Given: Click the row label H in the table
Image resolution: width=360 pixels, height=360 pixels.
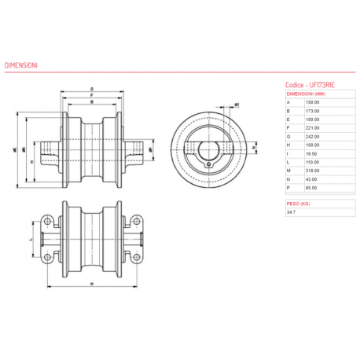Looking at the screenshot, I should click(288, 145).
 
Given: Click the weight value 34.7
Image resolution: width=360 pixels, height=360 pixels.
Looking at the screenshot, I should click(291, 212).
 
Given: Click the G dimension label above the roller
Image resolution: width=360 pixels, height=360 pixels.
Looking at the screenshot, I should click(92, 89).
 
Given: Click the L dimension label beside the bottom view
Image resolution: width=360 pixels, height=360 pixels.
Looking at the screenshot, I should click(30, 236).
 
